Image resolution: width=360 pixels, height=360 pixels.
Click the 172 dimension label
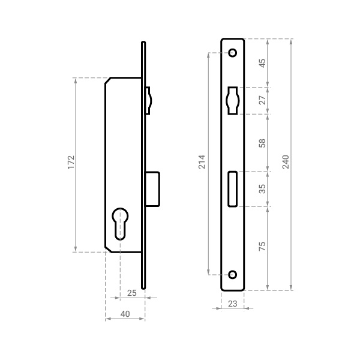tap(71, 163)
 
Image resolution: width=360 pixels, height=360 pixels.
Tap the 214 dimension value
tap(202, 162)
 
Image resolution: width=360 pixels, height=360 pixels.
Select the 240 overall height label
tap(286, 162)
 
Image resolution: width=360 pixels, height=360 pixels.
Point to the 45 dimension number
tap(262, 63)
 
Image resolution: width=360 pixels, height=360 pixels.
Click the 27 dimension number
tap(262, 100)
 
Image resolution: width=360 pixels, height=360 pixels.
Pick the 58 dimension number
tap(262, 143)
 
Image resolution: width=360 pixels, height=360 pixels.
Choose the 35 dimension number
tap(262, 189)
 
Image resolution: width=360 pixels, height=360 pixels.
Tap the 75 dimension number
tap(262, 247)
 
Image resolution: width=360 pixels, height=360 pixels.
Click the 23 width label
tap(233, 304)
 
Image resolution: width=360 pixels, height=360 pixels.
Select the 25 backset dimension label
tap(132, 293)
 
